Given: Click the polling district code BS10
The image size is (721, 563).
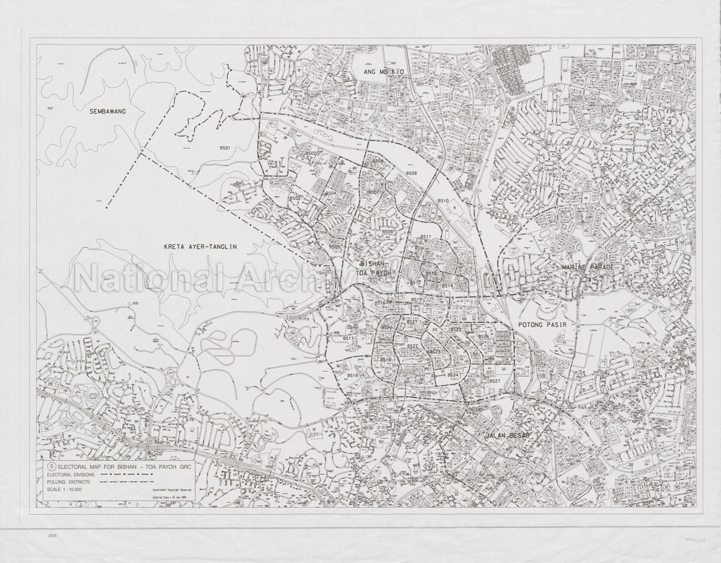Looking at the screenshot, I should pyautogui.click(x=444, y=201).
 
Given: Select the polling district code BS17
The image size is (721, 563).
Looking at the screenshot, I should pyautogui.click(x=348, y=338).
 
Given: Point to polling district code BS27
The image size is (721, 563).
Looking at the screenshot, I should pyautogui.click(x=495, y=381).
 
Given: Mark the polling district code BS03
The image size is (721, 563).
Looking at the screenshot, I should pyautogui.click(x=295, y=198).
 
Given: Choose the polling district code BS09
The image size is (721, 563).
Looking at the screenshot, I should pyautogui.click(x=412, y=174).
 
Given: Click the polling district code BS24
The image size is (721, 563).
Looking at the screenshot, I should pyautogui.click(x=453, y=375).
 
